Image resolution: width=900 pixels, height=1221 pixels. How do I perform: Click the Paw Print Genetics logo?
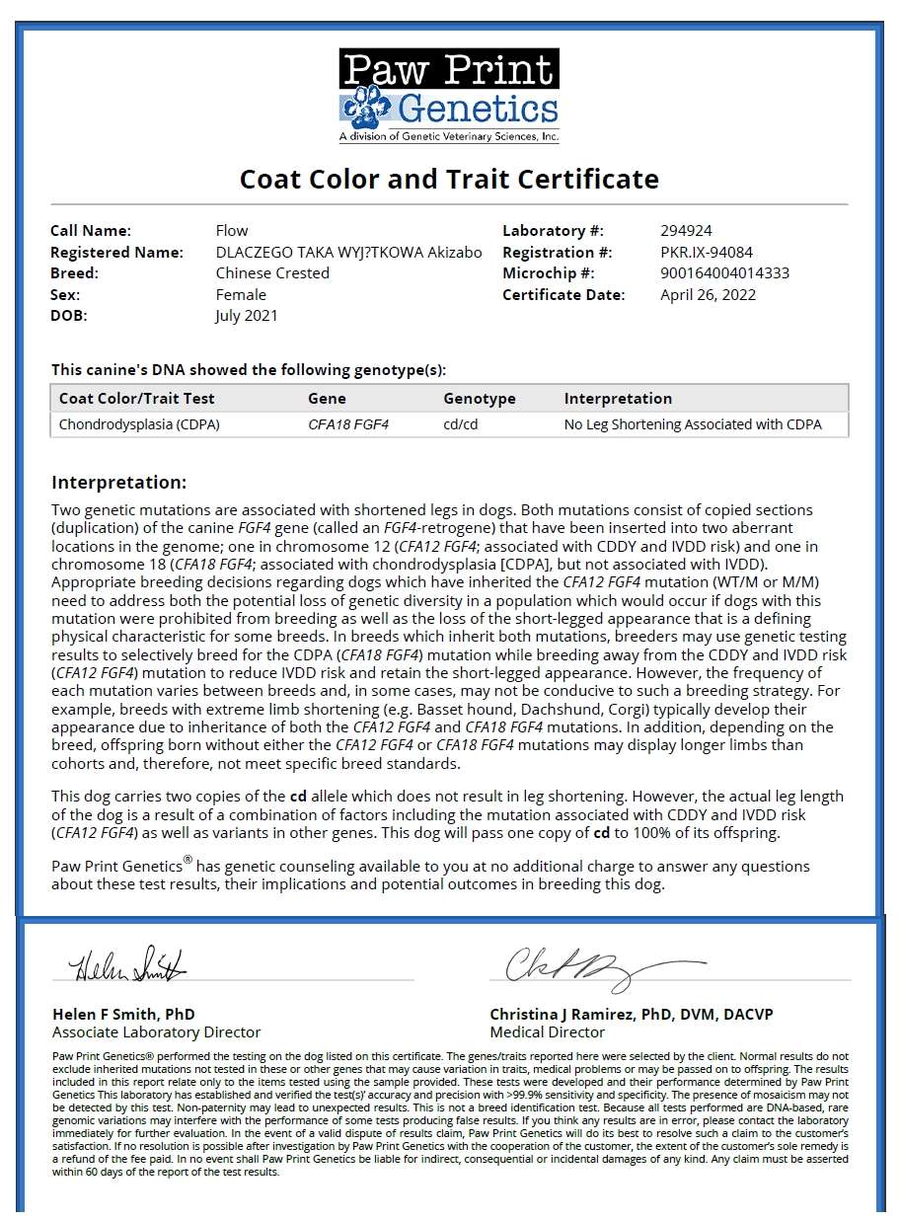pos(449,97)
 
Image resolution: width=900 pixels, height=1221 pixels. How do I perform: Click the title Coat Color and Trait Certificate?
pos(449,180)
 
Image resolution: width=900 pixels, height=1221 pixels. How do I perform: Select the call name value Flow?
pos(232,231)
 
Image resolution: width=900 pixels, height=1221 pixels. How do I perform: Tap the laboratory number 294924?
pos(686,231)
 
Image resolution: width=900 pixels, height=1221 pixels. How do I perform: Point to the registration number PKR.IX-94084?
pos(707,253)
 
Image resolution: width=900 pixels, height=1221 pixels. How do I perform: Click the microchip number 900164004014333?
pos(724,273)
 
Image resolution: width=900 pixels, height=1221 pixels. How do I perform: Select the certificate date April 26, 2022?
pos(708,295)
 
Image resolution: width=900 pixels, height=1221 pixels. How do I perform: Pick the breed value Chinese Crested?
pos(272,273)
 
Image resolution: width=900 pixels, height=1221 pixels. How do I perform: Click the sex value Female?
pos(241,295)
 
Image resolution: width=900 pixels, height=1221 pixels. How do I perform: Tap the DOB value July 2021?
pos(247,316)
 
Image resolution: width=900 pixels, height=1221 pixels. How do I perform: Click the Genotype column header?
pos(480,399)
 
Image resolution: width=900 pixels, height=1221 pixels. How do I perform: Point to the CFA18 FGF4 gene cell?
pos(348,425)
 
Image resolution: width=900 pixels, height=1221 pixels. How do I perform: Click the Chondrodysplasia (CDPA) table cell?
pos(139,425)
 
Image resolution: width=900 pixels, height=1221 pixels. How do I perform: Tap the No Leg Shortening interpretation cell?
pos(693,425)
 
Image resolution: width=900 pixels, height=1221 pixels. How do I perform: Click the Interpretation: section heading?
pos(118,483)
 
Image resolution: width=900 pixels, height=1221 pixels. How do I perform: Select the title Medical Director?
pos(547,1032)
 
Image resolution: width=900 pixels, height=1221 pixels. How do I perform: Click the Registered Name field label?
pos(116,253)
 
